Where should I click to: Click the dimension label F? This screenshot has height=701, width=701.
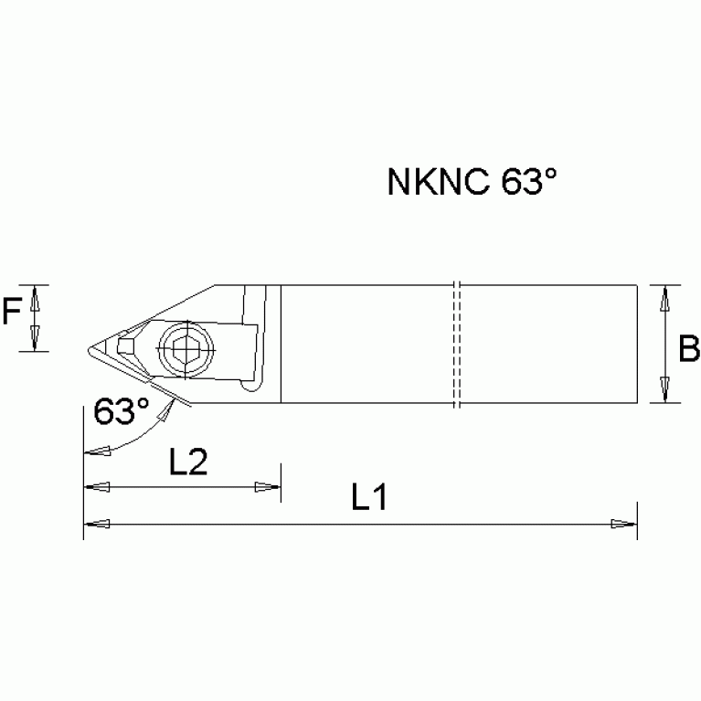coord(11,314)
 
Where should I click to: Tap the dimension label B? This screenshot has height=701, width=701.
coord(689,348)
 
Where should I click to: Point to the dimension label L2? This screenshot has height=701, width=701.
coord(188,462)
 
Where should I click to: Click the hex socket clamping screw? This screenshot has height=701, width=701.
coord(184,345)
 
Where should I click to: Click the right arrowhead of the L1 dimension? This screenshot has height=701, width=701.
coord(624,524)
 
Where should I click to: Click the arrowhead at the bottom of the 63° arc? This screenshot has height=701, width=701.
coord(95,451)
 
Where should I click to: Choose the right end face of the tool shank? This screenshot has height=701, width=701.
coord(636,344)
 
